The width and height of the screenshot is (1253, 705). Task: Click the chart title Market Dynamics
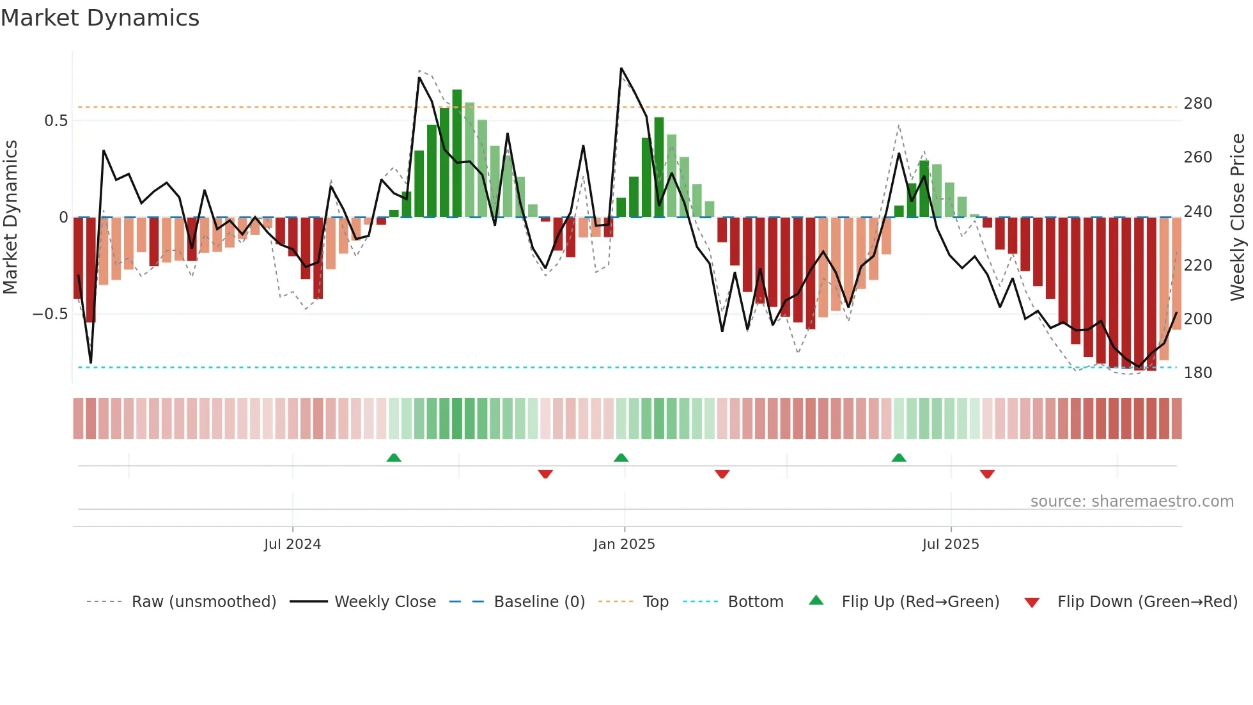click(x=100, y=18)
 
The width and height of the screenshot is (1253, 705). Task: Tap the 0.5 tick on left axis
click(x=56, y=121)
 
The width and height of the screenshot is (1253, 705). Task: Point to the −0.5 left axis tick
click(x=50, y=314)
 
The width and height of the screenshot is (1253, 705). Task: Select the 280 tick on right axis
click(x=1197, y=104)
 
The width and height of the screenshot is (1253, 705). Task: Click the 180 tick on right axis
click(x=1197, y=373)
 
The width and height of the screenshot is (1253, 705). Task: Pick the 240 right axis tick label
click(x=1197, y=212)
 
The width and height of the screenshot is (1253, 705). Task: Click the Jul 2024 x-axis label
click(x=292, y=544)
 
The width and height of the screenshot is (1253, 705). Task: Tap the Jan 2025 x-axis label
click(x=624, y=544)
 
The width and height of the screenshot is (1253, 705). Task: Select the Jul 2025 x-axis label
click(x=950, y=544)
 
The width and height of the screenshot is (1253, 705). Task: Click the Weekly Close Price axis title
click(x=1238, y=218)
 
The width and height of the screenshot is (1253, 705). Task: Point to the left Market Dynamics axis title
click(x=10, y=218)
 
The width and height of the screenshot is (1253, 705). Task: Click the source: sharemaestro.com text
click(x=1132, y=502)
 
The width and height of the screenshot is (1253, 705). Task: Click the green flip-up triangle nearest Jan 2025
click(x=621, y=457)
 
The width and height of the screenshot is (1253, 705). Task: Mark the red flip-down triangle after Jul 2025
click(x=987, y=474)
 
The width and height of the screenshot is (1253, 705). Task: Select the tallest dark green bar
click(x=456, y=154)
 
